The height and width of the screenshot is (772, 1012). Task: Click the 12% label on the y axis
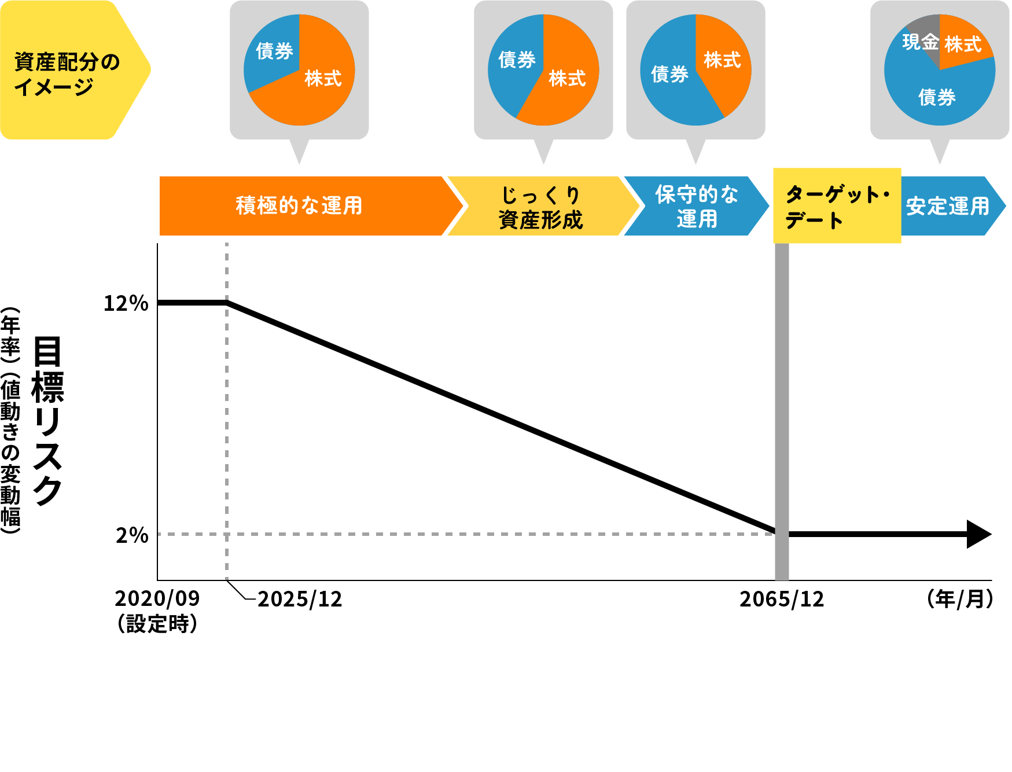(x=126, y=303)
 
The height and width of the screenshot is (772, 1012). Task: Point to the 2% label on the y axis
(x=132, y=535)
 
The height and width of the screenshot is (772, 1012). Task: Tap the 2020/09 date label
(x=157, y=598)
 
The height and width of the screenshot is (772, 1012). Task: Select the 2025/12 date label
(x=300, y=600)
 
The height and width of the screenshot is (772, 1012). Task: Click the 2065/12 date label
(x=782, y=600)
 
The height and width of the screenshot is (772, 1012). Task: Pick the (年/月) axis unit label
(x=960, y=599)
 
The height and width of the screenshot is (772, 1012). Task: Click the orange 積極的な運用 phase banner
(x=299, y=206)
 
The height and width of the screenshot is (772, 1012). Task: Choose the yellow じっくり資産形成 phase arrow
(x=540, y=207)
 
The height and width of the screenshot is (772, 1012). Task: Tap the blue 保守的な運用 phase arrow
(x=697, y=207)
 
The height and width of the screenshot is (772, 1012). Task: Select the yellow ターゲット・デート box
(x=837, y=207)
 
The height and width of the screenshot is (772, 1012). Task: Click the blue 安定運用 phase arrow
(x=948, y=207)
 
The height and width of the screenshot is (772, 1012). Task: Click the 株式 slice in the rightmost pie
(x=963, y=44)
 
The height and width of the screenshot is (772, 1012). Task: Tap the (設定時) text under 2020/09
(x=157, y=624)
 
